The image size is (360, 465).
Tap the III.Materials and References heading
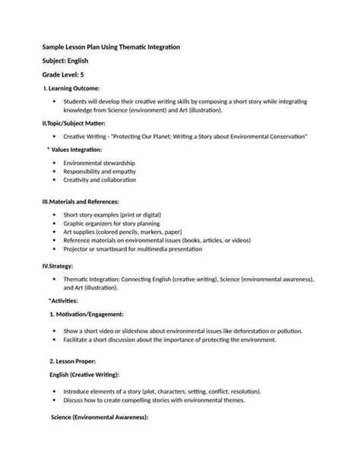[x=80, y=201]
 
